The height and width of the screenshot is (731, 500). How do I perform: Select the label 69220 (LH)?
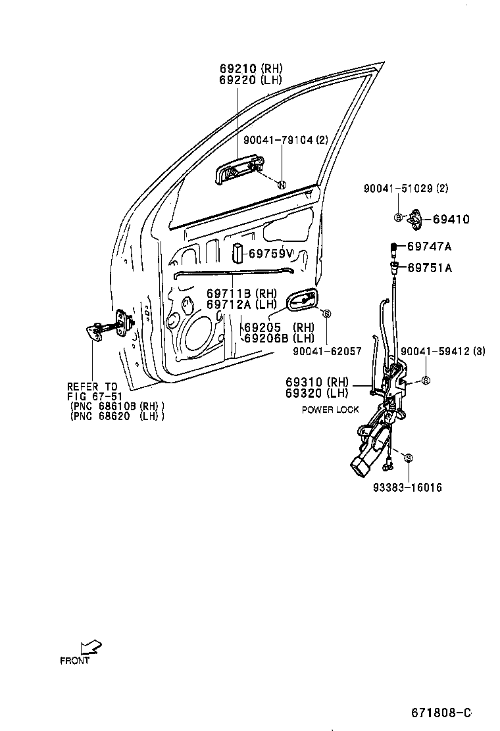(x=250, y=80)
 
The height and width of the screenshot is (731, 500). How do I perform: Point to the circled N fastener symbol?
(x=281, y=184)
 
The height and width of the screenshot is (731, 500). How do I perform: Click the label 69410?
(x=451, y=220)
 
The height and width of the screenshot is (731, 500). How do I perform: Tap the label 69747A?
(x=429, y=247)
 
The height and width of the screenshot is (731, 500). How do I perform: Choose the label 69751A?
(x=429, y=268)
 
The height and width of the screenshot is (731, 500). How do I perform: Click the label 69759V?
(x=270, y=254)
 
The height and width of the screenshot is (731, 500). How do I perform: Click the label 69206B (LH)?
(x=279, y=338)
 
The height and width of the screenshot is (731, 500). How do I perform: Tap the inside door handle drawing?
(x=301, y=300)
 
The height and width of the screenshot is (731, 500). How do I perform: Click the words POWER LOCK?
(x=330, y=410)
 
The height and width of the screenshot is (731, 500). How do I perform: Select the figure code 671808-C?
(x=441, y=713)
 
